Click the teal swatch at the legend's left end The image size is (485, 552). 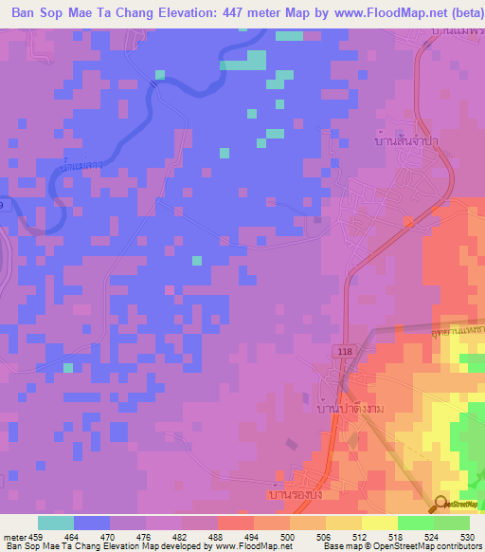[56, 523]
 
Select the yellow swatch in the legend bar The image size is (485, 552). [379, 523]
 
